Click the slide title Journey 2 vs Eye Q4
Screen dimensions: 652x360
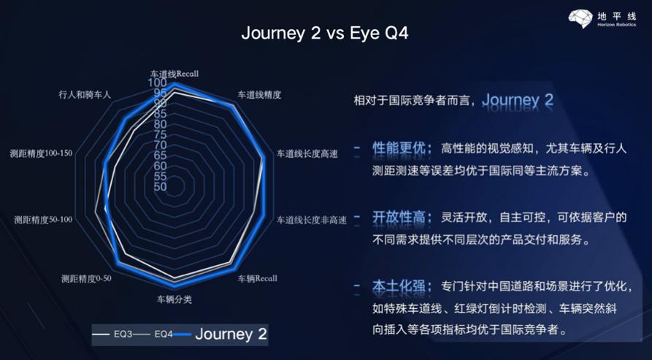point(325,34)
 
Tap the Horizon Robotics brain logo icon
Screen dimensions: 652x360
point(580,19)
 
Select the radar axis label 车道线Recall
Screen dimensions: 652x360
point(174,74)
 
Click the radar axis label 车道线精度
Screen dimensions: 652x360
point(259,95)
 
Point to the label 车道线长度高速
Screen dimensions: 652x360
point(307,154)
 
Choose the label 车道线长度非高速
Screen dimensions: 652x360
point(312,220)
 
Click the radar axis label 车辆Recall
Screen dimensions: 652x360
point(258,278)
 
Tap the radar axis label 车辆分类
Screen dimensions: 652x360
point(174,299)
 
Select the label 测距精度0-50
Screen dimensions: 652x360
point(86,278)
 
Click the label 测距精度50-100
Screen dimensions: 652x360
point(43,220)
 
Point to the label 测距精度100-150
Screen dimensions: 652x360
point(41,153)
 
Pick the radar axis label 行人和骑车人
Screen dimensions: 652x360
point(85,95)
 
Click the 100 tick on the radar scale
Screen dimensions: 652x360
point(157,83)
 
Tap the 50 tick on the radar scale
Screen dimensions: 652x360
point(160,187)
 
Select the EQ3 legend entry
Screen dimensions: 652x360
point(112,334)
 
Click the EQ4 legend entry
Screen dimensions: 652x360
point(153,334)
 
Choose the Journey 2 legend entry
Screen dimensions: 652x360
point(220,334)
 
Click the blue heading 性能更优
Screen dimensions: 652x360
point(399,148)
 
